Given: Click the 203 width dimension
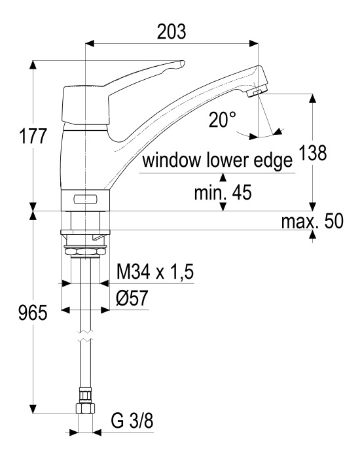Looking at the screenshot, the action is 171,31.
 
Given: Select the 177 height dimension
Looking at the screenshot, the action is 33,136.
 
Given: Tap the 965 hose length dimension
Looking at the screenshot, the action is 33,313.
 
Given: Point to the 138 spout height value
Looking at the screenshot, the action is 313,152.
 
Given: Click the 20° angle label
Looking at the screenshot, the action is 223,120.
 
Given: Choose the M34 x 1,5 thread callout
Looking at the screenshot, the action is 155,272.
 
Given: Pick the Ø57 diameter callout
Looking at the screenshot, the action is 132,298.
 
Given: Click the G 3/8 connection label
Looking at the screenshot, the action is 132,421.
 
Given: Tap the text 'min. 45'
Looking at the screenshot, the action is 223,192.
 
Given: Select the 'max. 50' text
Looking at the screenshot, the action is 312,221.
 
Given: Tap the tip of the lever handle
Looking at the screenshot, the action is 183,63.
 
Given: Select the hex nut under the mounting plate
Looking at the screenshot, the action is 84,251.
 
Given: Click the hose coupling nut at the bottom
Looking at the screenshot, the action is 85,408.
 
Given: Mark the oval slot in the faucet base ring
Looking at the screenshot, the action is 86,200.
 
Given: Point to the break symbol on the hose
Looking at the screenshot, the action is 85,336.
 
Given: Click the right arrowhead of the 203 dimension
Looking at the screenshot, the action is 254,44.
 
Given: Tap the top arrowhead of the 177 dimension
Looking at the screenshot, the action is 33,65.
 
